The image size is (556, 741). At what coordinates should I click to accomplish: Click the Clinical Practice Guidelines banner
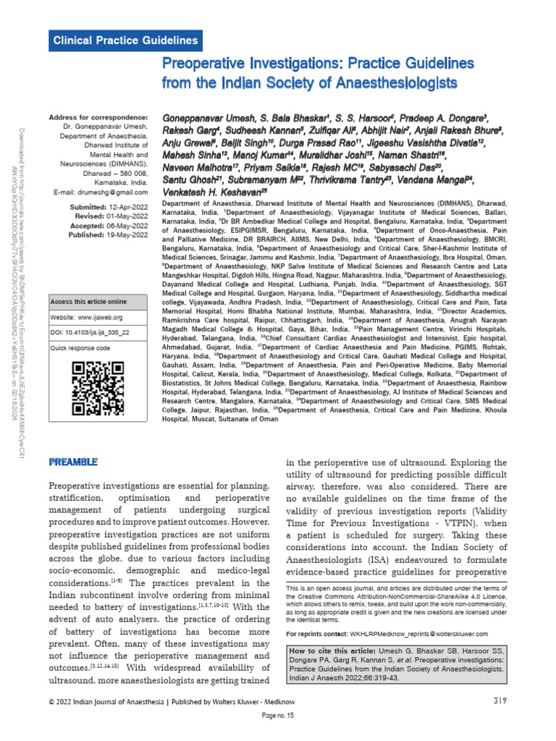[126, 41]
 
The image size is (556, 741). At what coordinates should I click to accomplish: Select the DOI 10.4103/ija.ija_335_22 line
[90, 331]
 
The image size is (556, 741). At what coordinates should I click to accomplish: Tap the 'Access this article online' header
[88, 301]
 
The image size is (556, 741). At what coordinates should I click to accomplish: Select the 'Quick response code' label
[80, 348]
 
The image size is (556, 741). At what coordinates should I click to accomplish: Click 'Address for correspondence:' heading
[98, 117]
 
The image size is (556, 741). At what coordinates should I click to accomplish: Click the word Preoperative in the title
[211, 66]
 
